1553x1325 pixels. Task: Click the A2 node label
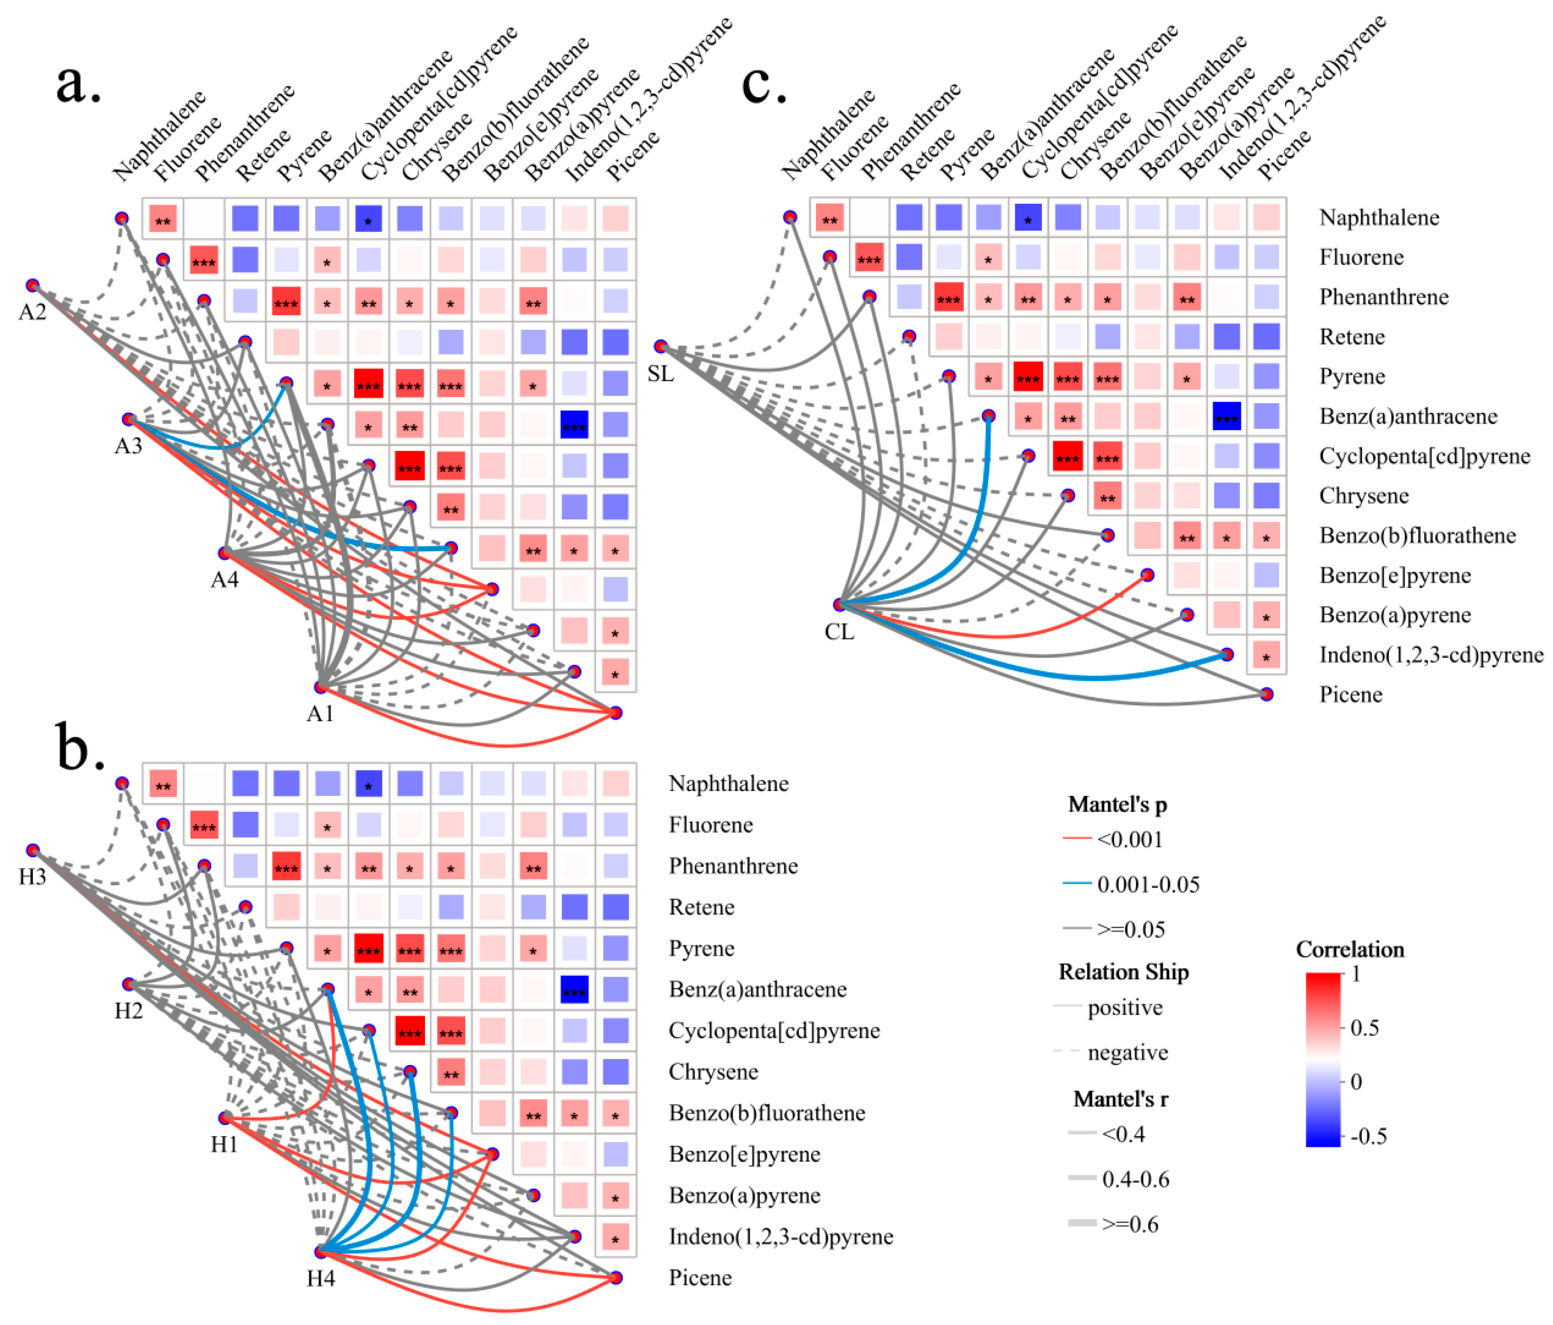tap(32, 312)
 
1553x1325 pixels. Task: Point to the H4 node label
tap(321, 1278)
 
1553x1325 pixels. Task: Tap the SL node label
tap(661, 373)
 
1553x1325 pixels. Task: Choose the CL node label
tap(839, 632)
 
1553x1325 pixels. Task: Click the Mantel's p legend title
tap(1117, 805)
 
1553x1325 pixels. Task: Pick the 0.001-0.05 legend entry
tap(1147, 885)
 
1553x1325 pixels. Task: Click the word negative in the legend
tap(1128, 1053)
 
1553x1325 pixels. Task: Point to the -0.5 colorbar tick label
tap(1368, 1137)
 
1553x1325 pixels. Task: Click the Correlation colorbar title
tap(1349, 950)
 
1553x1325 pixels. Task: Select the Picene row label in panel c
tap(1350, 694)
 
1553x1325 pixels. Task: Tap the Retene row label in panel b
tap(701, 907)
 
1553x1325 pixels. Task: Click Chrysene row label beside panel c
tap(1364, 496)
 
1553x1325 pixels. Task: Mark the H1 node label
tap(224, 1144)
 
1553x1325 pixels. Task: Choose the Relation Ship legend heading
tap(1123, 972)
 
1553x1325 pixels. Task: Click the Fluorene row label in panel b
tap(711, 825)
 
